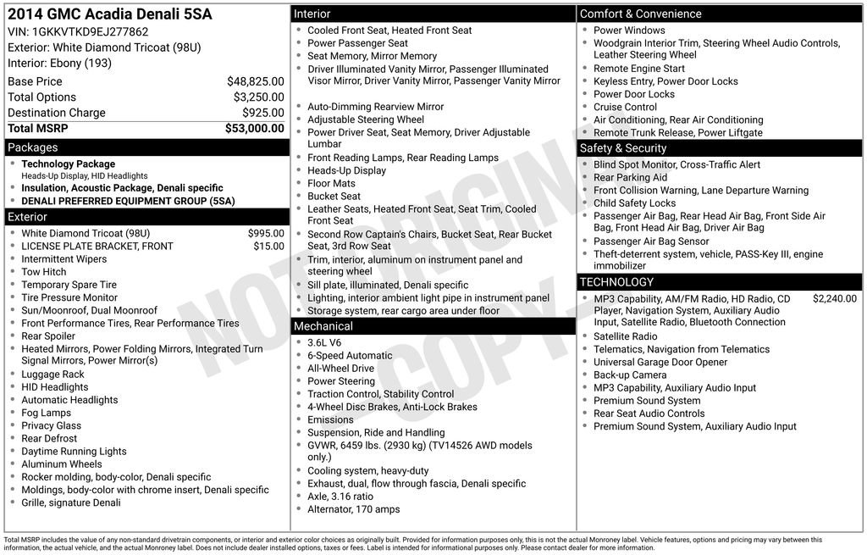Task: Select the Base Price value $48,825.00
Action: tap(255, 81)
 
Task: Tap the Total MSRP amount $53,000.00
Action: tap(254, 129)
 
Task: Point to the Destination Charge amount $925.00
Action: tap(262, 113)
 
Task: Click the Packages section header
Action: tap(33, 147)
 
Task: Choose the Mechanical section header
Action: tap(323, 326)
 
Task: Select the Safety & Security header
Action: tap(622, 148)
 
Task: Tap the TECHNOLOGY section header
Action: tap(616, 282)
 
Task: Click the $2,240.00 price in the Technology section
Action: tap(834, 298)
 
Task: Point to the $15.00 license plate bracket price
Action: tap(268, 247)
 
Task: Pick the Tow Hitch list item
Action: tap(43, 272)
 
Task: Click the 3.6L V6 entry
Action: tap(324, 343)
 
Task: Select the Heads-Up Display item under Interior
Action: tap(346, 170)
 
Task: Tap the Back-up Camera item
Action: tap(630, 375)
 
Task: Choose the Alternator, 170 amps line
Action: tap(353, 509)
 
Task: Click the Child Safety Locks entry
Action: tap(634, 203)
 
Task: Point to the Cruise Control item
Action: tap(625, 107)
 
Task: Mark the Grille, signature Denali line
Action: tap(71, 502)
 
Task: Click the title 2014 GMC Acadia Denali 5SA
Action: tap(110, 14)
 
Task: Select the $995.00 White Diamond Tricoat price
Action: tap(266, 233)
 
